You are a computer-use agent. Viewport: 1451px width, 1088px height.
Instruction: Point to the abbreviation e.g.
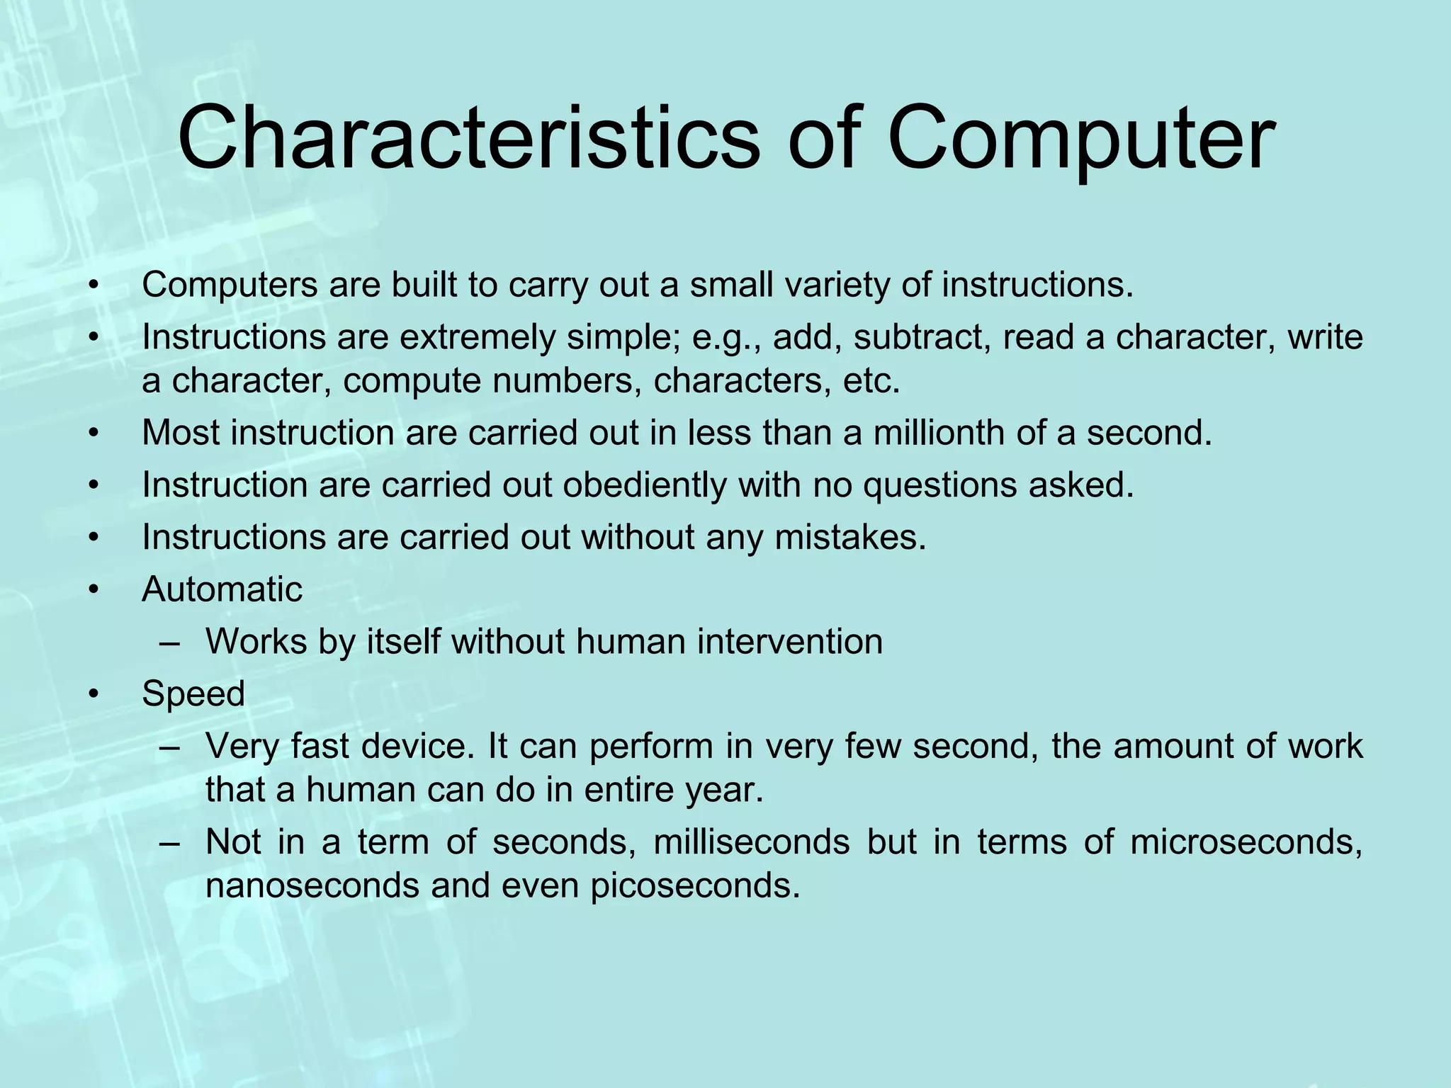pyautogui.click(x=725, y=338)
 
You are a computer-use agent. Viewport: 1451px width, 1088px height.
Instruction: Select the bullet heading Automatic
pyautogui.click(x=222, y=589)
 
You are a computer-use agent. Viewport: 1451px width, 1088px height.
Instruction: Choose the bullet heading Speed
pyautogui.click(x=193, y=693)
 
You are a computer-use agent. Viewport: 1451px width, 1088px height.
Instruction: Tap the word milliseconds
pyautogui.click(x=751, y=842)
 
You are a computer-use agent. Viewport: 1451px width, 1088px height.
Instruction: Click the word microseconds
pyautogui.click(x=1246, y=842)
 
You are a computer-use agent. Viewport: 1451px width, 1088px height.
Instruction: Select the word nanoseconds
pyautogui.click(x=312, y=885)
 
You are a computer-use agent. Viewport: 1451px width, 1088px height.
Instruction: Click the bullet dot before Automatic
pyautogui.click(x=93, y=590)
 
